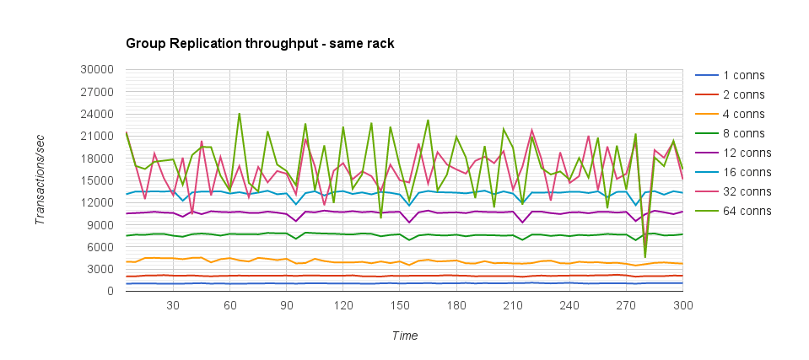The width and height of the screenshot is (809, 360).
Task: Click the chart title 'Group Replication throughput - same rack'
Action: click(260, 42)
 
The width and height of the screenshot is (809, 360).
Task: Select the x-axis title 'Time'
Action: click(404, 336)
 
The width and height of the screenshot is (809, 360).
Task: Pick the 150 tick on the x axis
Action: click(404, 306)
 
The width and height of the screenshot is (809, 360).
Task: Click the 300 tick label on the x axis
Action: click(682, 306)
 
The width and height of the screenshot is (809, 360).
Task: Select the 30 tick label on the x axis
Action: click(173, 306)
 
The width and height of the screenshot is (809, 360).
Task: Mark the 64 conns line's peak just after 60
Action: click(240, 114)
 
